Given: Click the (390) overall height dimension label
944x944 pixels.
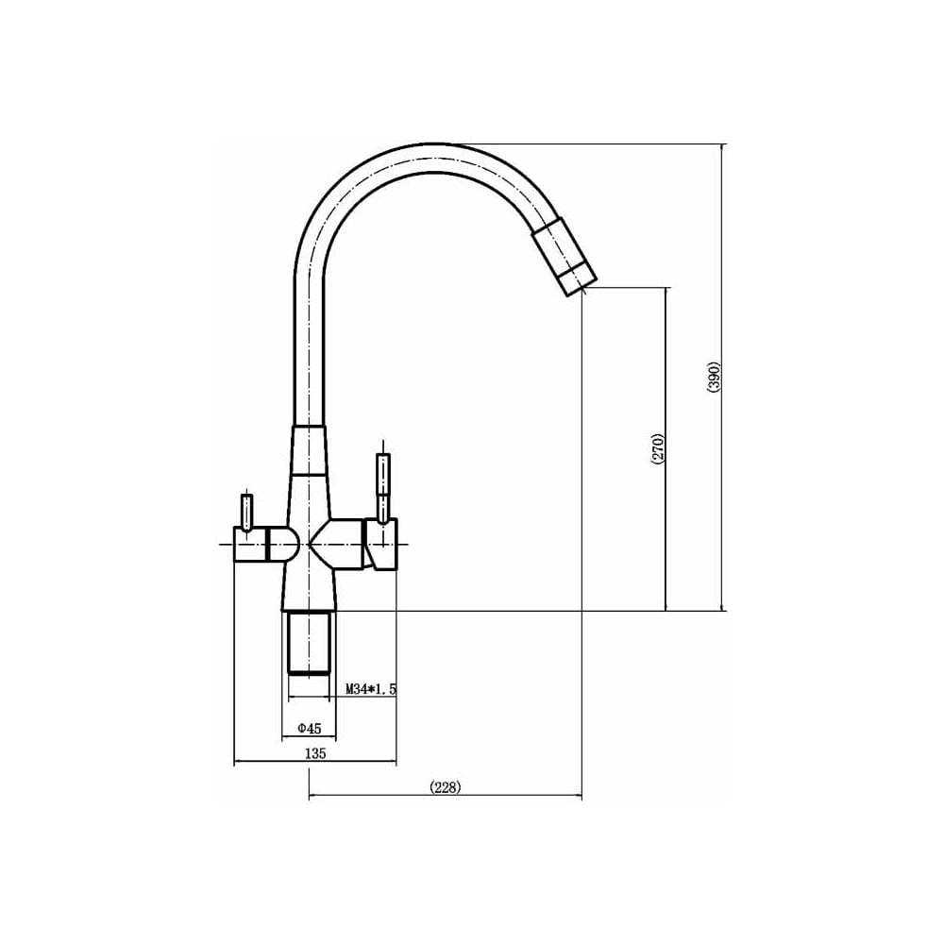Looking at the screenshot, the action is pyautogui.click(x=714, y=378).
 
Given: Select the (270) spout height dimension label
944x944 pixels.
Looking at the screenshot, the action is pyautogui.click(x=657, y=448).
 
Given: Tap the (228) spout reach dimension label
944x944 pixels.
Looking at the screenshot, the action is pyautogui.click(x=446, y=787).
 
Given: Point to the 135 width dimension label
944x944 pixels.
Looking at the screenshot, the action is pyautogui.click(x=315, y=752).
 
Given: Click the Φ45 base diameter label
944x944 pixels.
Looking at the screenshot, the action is pyautogui.click(x=310, y=729).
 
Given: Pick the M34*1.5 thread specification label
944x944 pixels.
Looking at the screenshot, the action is pyautogui.click(x=371, y=689).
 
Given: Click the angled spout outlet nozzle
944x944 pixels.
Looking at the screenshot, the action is pyautogui.click(x=564, y=259).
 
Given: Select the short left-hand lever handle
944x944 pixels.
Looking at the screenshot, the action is pyautogui.click(x=245, y=512).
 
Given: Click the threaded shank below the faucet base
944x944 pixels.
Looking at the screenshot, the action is pyautogui.click(x=310, y=642).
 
